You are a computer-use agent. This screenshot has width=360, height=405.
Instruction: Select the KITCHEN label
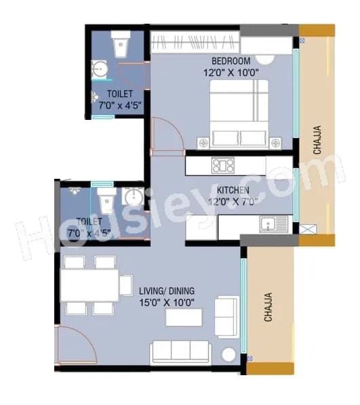(233, 190)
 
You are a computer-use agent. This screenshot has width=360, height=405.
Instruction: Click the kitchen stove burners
(222, 165)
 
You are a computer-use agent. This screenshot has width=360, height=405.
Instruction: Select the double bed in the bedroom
(239, 112)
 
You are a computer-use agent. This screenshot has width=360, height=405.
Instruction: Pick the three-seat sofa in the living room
(180, 351)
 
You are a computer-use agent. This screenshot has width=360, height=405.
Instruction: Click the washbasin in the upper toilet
(99, 70)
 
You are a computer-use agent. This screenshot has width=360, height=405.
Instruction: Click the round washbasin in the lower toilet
(132, 198)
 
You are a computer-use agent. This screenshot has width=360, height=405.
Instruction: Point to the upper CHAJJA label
(317, 140)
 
